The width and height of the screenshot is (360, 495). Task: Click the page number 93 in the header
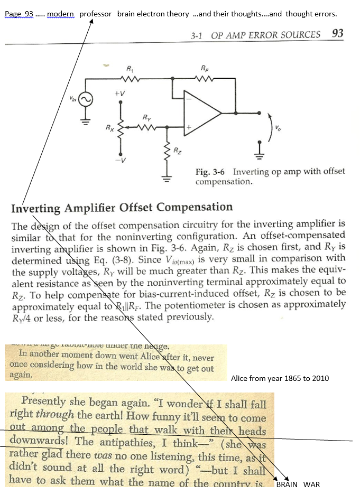click(337, 34)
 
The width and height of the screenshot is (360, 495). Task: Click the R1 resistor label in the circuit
click(130, 69)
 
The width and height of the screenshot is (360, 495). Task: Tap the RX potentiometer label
click(108, 127)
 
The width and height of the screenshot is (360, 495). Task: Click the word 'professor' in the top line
click(96, 14)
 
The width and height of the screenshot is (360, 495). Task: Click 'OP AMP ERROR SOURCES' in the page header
click(266, 35)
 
